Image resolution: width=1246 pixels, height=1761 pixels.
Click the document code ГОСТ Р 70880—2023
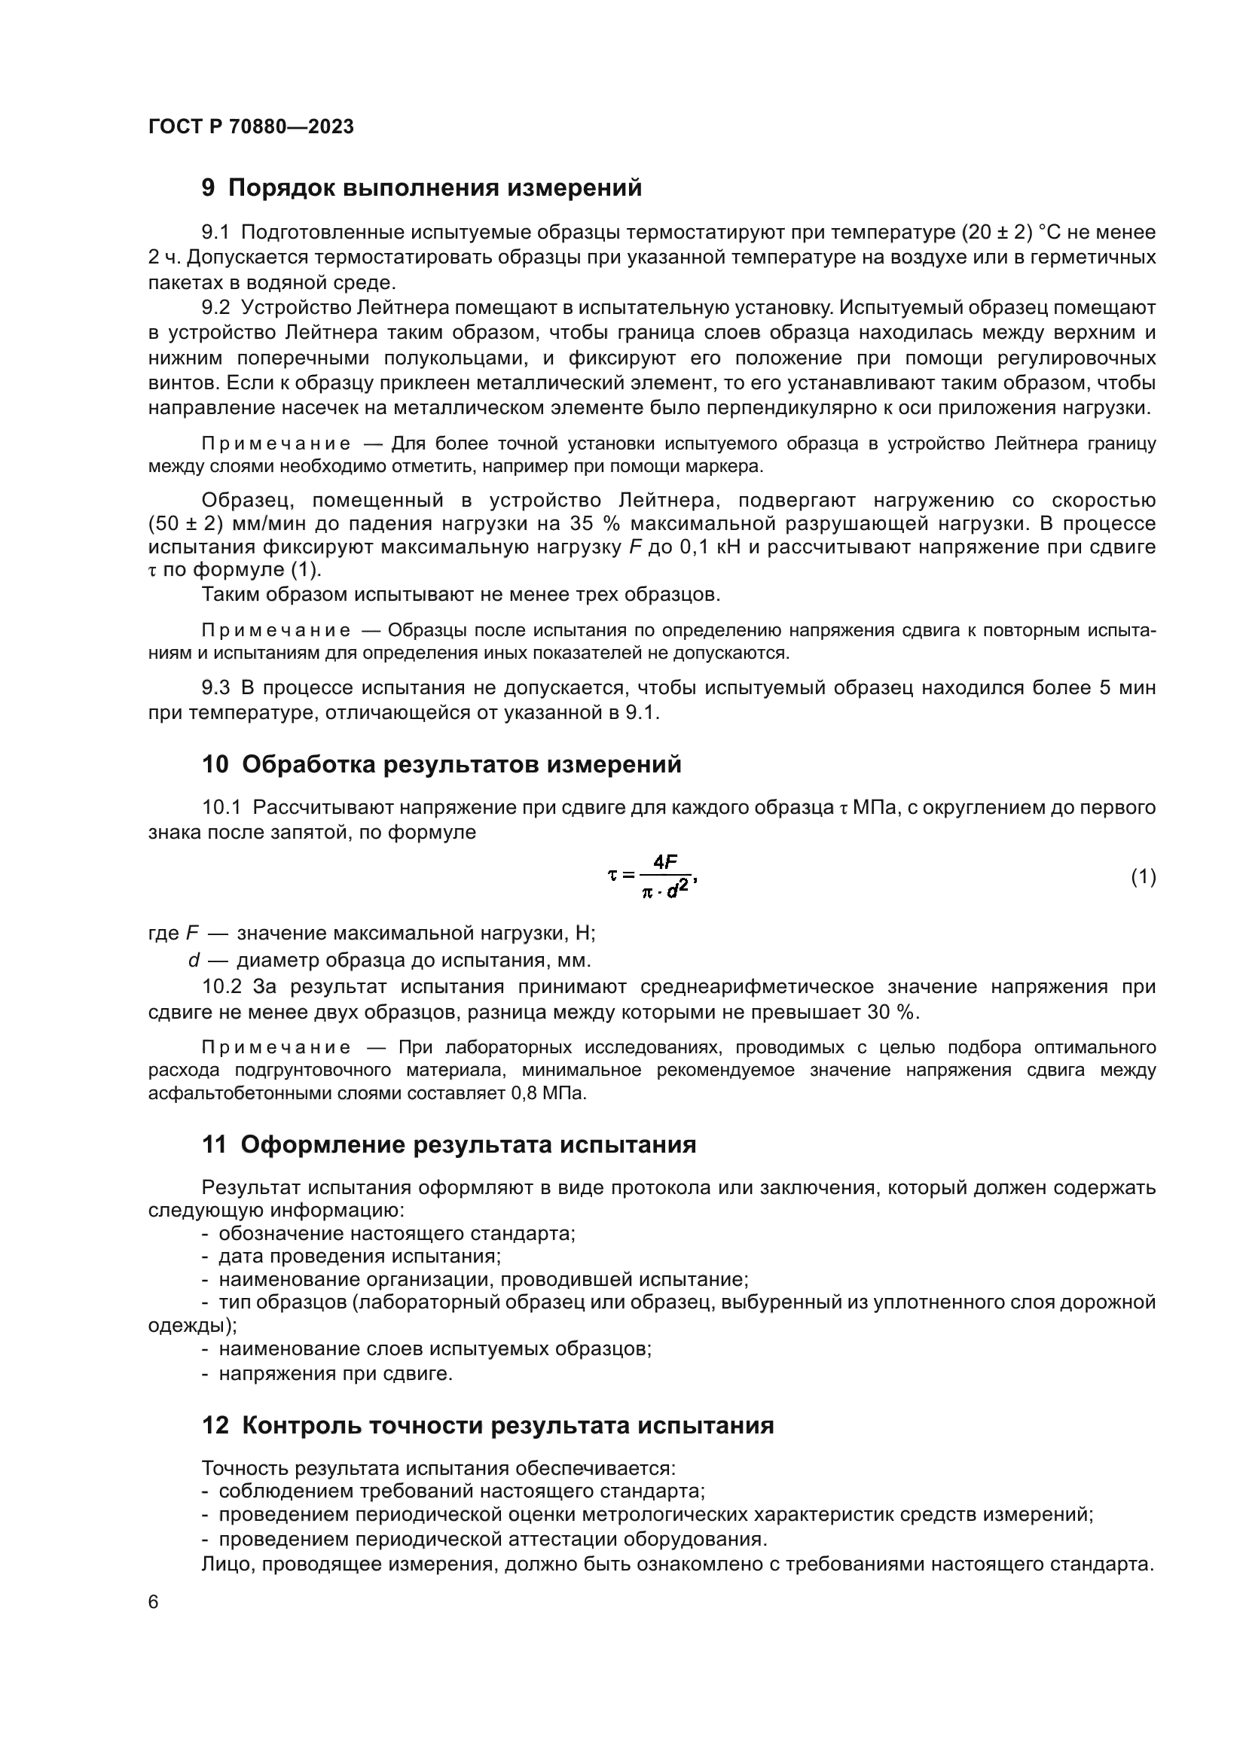[251, 127]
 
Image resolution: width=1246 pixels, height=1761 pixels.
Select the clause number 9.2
[215, 309]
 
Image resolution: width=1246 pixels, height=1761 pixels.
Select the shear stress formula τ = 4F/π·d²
[652, 876]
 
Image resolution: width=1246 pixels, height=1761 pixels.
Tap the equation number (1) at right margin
[1144, 876]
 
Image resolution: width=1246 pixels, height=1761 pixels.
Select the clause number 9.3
[215, 688]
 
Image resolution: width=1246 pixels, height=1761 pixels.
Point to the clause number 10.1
[221, 808]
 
